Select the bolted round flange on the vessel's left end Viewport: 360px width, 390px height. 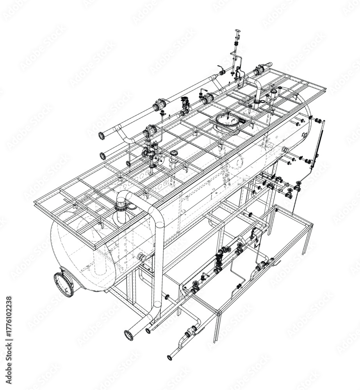tap(64, 284)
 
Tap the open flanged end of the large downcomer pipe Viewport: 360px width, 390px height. tap(128, 334)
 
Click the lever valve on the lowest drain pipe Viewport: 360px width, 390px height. tap(191, 332)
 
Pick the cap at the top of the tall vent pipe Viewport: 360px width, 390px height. tap(237, 31)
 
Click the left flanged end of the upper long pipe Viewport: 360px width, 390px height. tap(102, 136)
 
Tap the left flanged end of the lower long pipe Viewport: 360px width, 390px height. tap(103, 156)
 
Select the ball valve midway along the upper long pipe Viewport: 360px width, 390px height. tap(160, 105)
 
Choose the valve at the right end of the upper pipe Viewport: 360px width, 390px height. tap(258, 71)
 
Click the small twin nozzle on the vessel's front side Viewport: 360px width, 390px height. tap(141, 257)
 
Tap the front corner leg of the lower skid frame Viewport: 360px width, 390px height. tap(216, 326)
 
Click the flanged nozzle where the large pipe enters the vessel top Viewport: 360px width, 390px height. tap(122, 206)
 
